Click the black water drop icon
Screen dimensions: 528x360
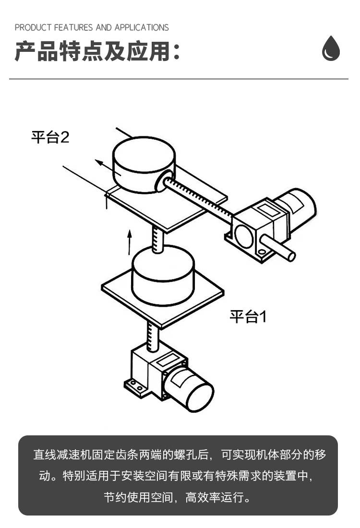331,49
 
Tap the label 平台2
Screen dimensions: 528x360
50,138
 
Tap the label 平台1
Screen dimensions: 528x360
248,317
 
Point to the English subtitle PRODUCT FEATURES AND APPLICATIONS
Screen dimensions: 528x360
92,27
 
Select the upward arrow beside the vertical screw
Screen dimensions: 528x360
129,242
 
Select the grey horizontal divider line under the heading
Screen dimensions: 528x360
179,79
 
